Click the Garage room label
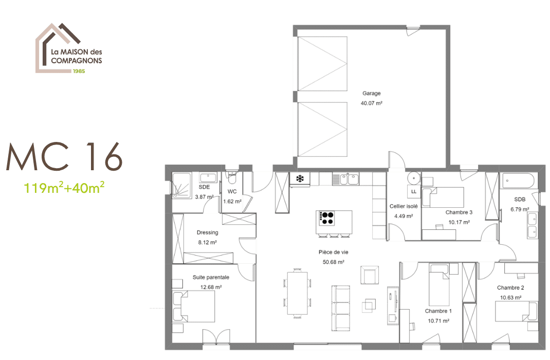point(372,94)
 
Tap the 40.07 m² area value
point(372,103)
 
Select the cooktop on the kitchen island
point(327,218)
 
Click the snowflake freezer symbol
point(300,179)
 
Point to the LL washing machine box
point(413,192)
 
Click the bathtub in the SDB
point(518,181)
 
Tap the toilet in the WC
point(232,179)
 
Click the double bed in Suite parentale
point(194,307)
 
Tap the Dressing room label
point(207,232)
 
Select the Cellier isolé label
point(404,206)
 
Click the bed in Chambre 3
point(443,197)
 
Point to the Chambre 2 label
point(510,287)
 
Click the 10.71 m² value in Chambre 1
point(438,320)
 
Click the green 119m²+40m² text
point(64,187)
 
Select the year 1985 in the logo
point(78,71)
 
